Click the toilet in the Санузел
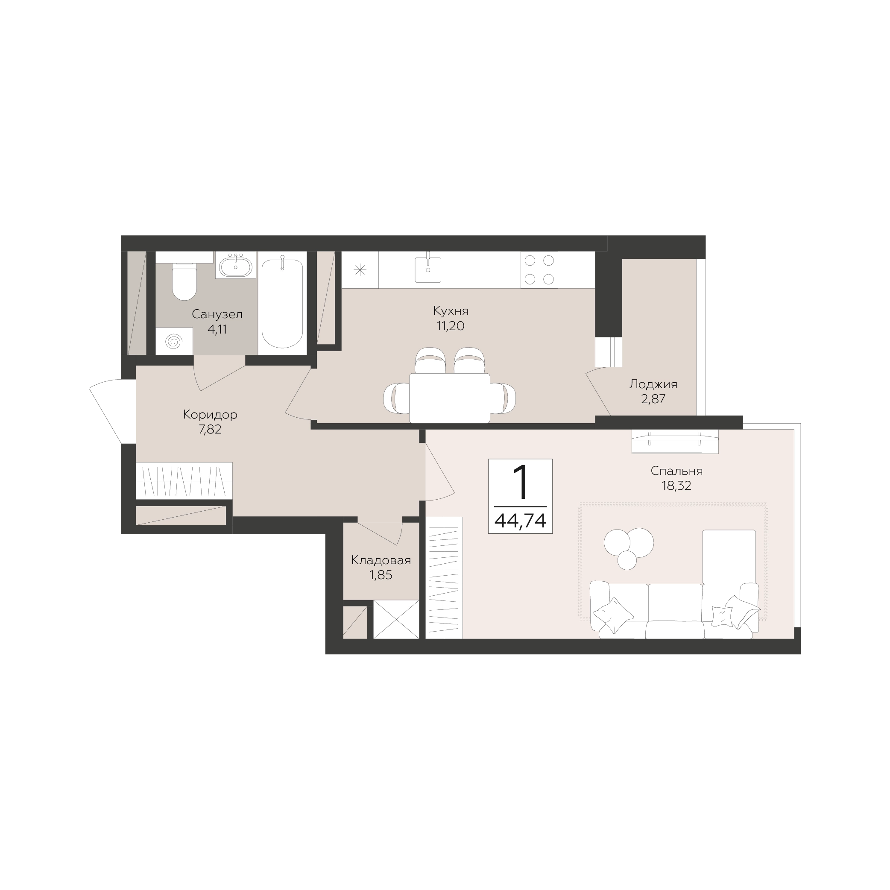tap(184, 281)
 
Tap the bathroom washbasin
tap(235, 266)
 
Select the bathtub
tap(282, 303)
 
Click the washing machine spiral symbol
tap(174, 341)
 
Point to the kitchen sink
tap(428, 269)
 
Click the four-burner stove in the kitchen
tap(539, 269)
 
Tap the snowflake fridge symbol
tap(360, 269)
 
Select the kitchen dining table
tap(450, 398)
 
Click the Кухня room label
tap(451, 311)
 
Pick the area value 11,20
tap(451, 326)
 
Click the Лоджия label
tap(653, 384)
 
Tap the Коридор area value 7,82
tap(210, 430)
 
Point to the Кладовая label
tap(381, 560)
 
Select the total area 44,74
tap(520, 521)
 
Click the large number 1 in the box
tap(521, 482)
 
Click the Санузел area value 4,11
tap(217, 330)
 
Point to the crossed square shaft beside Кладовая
tap(396, 619)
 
